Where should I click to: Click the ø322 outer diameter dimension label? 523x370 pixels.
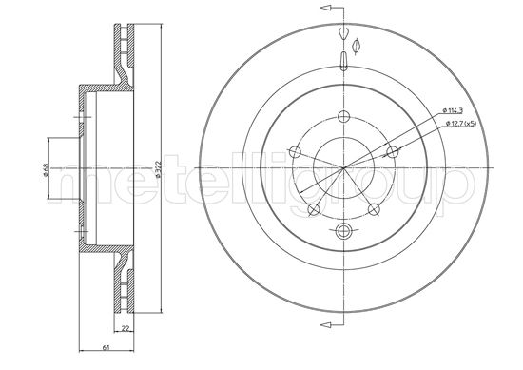tap(159, 168)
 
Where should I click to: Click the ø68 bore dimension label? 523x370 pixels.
tap(46, 168)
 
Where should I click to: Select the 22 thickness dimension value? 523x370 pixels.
tap(126, 328)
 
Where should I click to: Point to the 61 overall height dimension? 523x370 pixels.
tap(107, 347)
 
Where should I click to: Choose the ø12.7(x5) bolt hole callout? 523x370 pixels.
tap(461, 124)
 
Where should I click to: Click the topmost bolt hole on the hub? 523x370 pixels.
tap(343, 116)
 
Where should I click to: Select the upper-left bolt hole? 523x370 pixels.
tap(295, 152)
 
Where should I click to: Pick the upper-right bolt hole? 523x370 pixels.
tap(392, 152)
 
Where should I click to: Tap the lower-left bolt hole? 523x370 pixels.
tap(313, 209)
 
